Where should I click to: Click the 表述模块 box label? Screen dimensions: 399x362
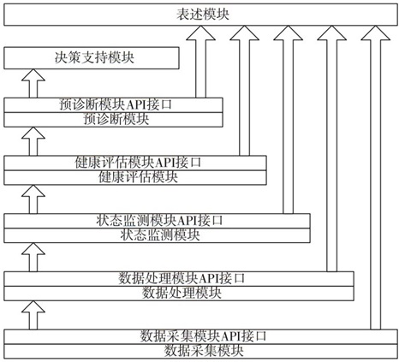point(203,15)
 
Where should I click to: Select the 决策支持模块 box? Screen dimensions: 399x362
point(92,58)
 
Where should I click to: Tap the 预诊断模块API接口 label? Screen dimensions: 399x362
point(116,104)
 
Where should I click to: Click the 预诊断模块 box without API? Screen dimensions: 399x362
point(113,120)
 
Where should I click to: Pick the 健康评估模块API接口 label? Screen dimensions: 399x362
point(138,163)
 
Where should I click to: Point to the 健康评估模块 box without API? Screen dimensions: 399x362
point(135,177)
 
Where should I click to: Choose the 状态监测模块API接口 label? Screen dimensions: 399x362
point(159,221)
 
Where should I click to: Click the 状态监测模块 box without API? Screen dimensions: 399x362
point(157,235)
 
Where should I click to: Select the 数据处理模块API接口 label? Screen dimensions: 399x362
point(182,278)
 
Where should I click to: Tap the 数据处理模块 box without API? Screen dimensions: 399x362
point(179,294)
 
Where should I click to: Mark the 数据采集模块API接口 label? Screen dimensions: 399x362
point(203,336)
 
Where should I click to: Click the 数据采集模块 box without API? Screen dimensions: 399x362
point(200,351)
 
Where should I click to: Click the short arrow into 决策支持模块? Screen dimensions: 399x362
point(33,84)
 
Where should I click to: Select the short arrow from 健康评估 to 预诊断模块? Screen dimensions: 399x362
point(33,141)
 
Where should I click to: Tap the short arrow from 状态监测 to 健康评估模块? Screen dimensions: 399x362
point(33,199)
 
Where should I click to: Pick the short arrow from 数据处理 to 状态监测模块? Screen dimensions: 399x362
point(33,258)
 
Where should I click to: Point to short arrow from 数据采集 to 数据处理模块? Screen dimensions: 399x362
point(33,315)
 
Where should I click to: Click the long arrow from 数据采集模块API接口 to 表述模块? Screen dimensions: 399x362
point(376,177)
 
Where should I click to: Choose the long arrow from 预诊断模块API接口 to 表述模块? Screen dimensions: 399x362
point(200,62)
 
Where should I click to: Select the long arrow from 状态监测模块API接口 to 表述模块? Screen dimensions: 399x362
point(288,120)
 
